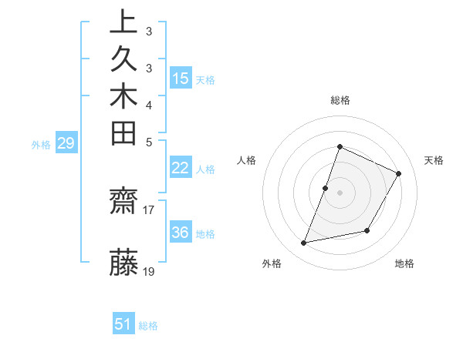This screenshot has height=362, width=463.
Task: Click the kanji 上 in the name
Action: [x=123, y=22]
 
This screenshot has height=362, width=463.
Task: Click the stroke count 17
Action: [x=149, y=209]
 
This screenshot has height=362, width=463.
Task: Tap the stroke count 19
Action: [x=149, y=271]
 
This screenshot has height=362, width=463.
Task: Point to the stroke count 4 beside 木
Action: [x=149, y=104]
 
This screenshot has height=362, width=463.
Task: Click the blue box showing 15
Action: [x=181, y=78]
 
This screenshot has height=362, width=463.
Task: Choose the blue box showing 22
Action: [x=181, y=168]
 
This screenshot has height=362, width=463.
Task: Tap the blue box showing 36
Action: [x=181, y=233]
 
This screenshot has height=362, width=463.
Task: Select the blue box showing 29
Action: [x=67, y=142]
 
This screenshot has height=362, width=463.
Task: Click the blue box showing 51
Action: [x=123, y=324]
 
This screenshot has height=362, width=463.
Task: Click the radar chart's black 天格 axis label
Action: [x=434, y=160]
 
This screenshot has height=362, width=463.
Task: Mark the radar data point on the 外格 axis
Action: [x=304, y=243]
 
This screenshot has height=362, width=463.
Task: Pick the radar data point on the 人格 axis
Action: [x=326, y=188]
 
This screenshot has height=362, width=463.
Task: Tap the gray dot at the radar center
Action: [x=340, y=193]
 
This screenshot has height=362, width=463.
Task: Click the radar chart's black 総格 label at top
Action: [x=340, y=100]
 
